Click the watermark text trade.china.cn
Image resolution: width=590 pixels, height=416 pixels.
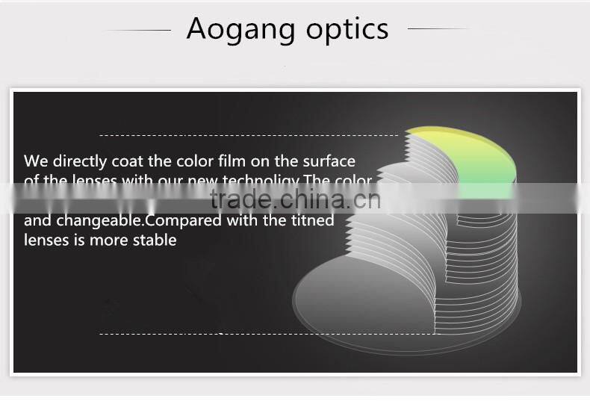295,199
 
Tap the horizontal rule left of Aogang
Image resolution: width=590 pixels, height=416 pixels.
138,30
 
